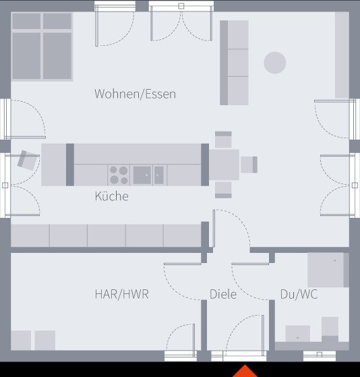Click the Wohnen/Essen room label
[135, 94]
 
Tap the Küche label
[111, 197]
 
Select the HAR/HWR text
[121, 295]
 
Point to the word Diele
[222, 295]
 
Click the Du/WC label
[299, 295]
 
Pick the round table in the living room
[274, 63]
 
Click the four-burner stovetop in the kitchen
[119, 175]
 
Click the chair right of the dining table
[249, 164]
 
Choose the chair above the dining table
[223, 140]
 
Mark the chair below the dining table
[223, 190]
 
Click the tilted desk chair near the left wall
[28, 160]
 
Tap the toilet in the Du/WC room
[330, 328]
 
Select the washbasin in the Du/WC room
[297, 333]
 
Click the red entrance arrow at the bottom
[245, 371]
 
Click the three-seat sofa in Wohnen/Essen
[235, 62]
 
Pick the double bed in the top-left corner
[42, 46]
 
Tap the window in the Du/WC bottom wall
[319, 355]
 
